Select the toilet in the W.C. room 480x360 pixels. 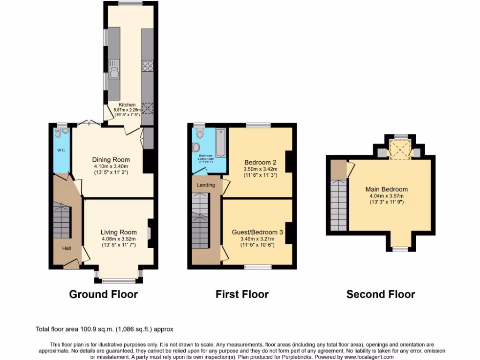pos(58,134)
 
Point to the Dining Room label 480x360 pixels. pos(111,160)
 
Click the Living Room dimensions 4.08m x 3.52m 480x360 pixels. pos(118,239)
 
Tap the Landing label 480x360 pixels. pos(206,185)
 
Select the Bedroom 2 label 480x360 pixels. pos(260,163)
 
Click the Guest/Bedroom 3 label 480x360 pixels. pos(257,232)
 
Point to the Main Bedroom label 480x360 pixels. pos(386,189)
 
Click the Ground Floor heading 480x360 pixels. pos(103,294)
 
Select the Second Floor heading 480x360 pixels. pos(381,294)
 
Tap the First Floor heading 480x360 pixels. pos(242,294)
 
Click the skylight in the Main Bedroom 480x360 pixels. pos(401,150)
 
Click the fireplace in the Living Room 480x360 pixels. pos(150,233)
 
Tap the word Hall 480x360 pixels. pos(67,248)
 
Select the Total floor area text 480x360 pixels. pos(108,330)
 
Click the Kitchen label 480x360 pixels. pos(127,105)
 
